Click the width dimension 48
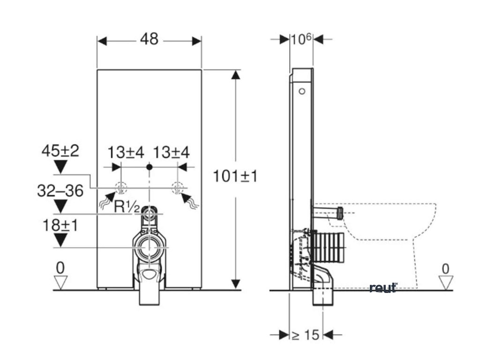click(x=149, y=40)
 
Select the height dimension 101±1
click(x=235, y=176)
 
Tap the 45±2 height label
click(x=60, y=151)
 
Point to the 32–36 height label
click(x=60, y=191)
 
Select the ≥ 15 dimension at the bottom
click(x=305, y=335)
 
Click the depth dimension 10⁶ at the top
click(x=301, y=39)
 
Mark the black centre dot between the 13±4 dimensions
click(x=149, y=166)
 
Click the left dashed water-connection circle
click(x=121, y=188)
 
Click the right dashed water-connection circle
click(x=177, y=188)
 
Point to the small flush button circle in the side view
click(x=302, y=90)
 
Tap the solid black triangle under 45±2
click(x=60, y=165)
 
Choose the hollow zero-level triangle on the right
click(x=446, y=282)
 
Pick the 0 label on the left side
click(x=60, y=268)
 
